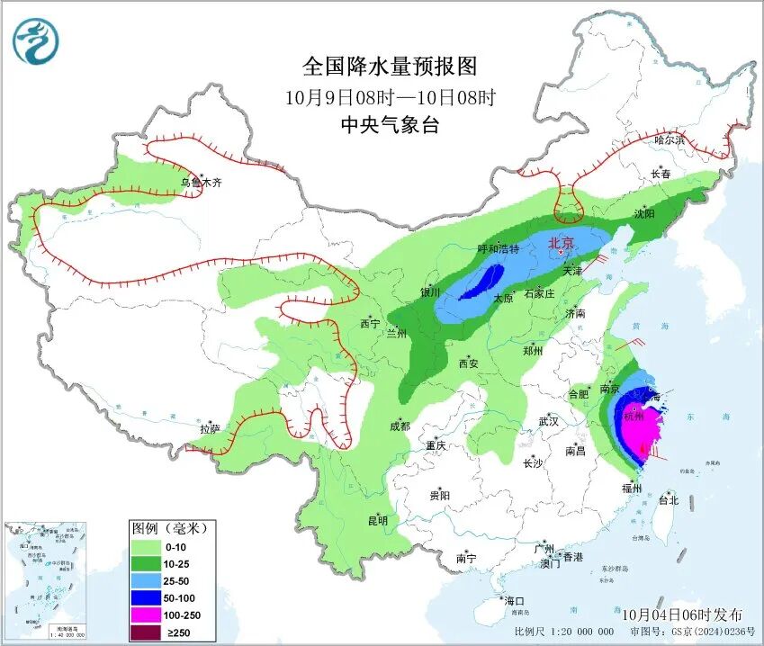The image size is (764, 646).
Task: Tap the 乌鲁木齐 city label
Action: [200, 183]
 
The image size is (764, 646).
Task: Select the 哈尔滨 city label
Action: [670, 140]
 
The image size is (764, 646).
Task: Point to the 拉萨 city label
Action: [210, 429]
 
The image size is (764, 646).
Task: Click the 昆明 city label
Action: [377, 520]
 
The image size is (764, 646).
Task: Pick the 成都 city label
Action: [400, 426]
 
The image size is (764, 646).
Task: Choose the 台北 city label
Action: [668, 500]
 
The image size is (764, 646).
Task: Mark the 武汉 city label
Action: [548, 421]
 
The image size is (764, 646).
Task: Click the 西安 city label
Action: [468, 363]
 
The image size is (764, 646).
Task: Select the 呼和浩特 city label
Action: [498, 249]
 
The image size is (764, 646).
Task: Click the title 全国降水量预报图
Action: [389, 67]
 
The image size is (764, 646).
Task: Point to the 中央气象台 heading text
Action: [389, 126]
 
